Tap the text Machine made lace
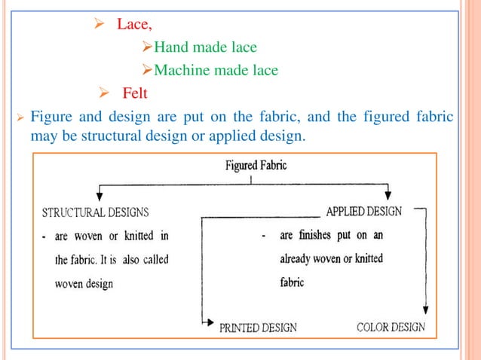tap(215, 71)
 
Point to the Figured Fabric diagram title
tap(256, 166)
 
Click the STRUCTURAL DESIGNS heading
tap(95, 212)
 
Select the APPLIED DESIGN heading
tap(363, 212)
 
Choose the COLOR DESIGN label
tap(391, 327)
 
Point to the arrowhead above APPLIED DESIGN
tap(388, 195)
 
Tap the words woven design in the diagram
tap(84, 284)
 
